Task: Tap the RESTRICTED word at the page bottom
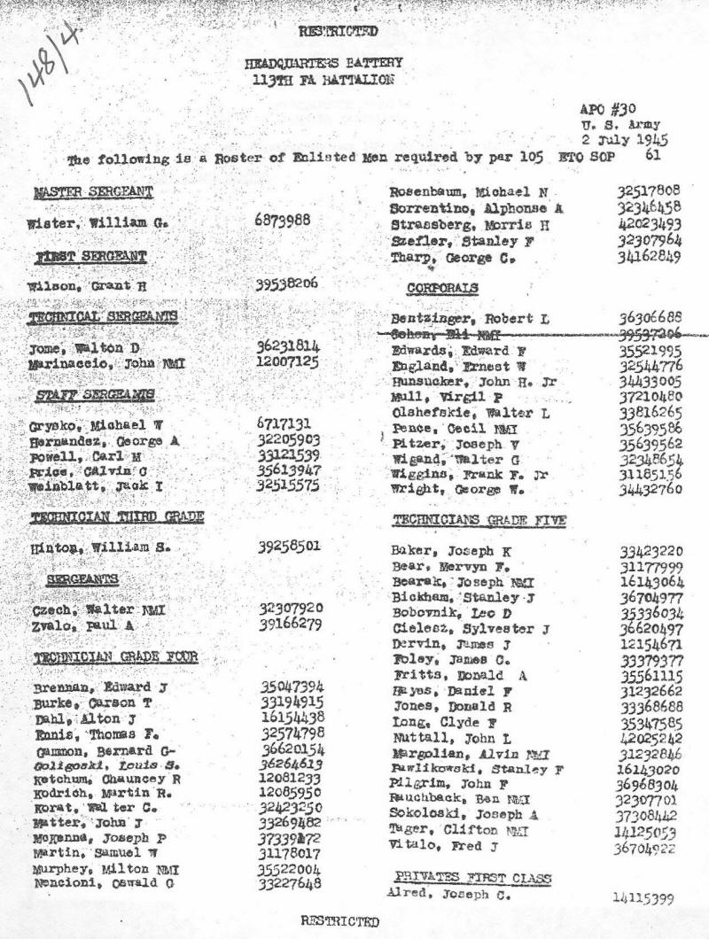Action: (x=339, y=920)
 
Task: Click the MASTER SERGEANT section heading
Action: (x=92, y=192)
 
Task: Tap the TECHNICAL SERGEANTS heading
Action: (x=103, y=317)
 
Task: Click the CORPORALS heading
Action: (x=442, y=289)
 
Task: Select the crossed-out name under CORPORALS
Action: (x=442, y=335)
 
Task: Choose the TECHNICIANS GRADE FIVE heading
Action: (x=479, y=519)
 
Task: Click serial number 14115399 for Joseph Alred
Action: (x=642, y=898)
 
